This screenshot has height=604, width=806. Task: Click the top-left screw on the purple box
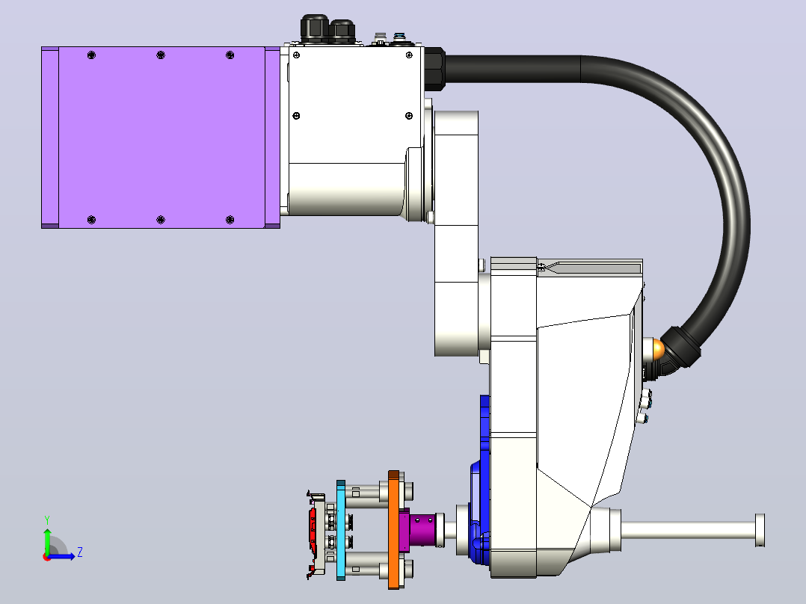coord(91,55)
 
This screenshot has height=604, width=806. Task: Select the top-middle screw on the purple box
coord(160,55)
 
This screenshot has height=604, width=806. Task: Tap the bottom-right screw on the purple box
coord(230,220)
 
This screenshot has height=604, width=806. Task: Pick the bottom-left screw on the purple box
coord(91,220)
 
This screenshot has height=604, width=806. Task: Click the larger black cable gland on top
coord(314,28)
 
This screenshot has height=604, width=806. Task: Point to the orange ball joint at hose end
coord(657,350)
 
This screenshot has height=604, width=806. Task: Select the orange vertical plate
coord(394,529)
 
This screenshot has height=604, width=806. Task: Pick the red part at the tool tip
coord(312,529)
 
